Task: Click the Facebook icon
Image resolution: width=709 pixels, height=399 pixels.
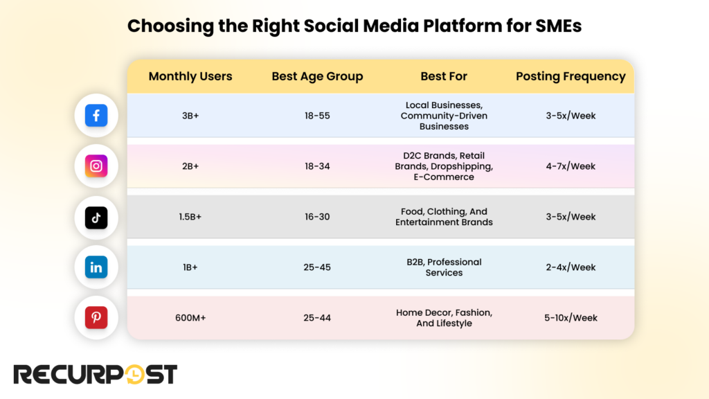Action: pyautogui.click(x=96, y=116)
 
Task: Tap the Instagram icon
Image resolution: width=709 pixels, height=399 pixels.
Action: pyautogui.click(x=96, y=166)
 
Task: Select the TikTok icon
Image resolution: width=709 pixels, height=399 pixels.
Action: pyautogui.click(x=96, y=217)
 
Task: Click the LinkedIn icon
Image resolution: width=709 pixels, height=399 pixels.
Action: pyautogui.click(x=96, y=267)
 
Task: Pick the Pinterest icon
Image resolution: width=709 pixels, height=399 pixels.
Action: pyautogui.click(x=96, y=318)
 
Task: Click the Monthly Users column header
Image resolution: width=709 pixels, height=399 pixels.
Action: pyautogui.click(x=190, y=76)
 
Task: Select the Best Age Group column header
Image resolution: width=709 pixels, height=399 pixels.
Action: pyautogui.click(x=317, y=76)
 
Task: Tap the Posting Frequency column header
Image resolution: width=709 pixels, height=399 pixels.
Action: pyautogui.click(x=571, y=76)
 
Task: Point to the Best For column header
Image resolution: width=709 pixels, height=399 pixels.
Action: pyautogui.click(x=444, y=76)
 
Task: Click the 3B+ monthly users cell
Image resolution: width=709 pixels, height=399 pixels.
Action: pyautogui.click(x=190, y=116)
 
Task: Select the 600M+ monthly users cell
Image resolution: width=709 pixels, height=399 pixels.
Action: pyautogui.click(x=190, y=318)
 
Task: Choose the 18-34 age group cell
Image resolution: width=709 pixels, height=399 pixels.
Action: pyautogui.click(x=317, y=166)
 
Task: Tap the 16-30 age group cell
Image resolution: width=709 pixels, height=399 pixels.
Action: pyautogui.click(x=317, y=217)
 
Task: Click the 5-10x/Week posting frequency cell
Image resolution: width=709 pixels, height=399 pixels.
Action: pyautogui.click(x=571, y=318)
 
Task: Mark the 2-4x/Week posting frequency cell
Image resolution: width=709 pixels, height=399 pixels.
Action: pyautogui.click(x=571, y=267)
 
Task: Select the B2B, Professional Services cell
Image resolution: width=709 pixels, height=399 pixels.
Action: pyautogui.click(x=444, y=267)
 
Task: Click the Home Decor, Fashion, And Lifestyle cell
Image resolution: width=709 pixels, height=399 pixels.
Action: pyautogui.click(x=444, y=318)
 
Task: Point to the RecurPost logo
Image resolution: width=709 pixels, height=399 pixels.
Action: pyautogui.click(x=96, y=374)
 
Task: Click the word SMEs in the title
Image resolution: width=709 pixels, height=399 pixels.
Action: pyautogui.click(x=555, y=26)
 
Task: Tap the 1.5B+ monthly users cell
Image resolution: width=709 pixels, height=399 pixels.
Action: pyautogui.click(x=190, y=217)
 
